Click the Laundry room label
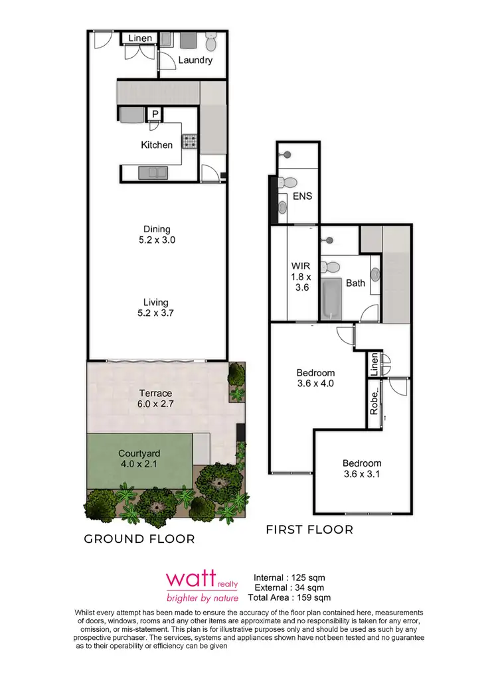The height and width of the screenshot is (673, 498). coord(195,60)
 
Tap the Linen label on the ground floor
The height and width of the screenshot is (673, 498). coord(140,38)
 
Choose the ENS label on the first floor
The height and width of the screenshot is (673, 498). coord(302,196)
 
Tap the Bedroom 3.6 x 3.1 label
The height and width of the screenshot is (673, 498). coord(362,469)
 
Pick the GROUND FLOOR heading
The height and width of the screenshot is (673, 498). coord(139,539)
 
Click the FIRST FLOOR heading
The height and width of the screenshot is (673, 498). coord(309,530)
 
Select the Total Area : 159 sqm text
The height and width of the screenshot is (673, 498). coord(290,599)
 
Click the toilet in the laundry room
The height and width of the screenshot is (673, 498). coord(211,42)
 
